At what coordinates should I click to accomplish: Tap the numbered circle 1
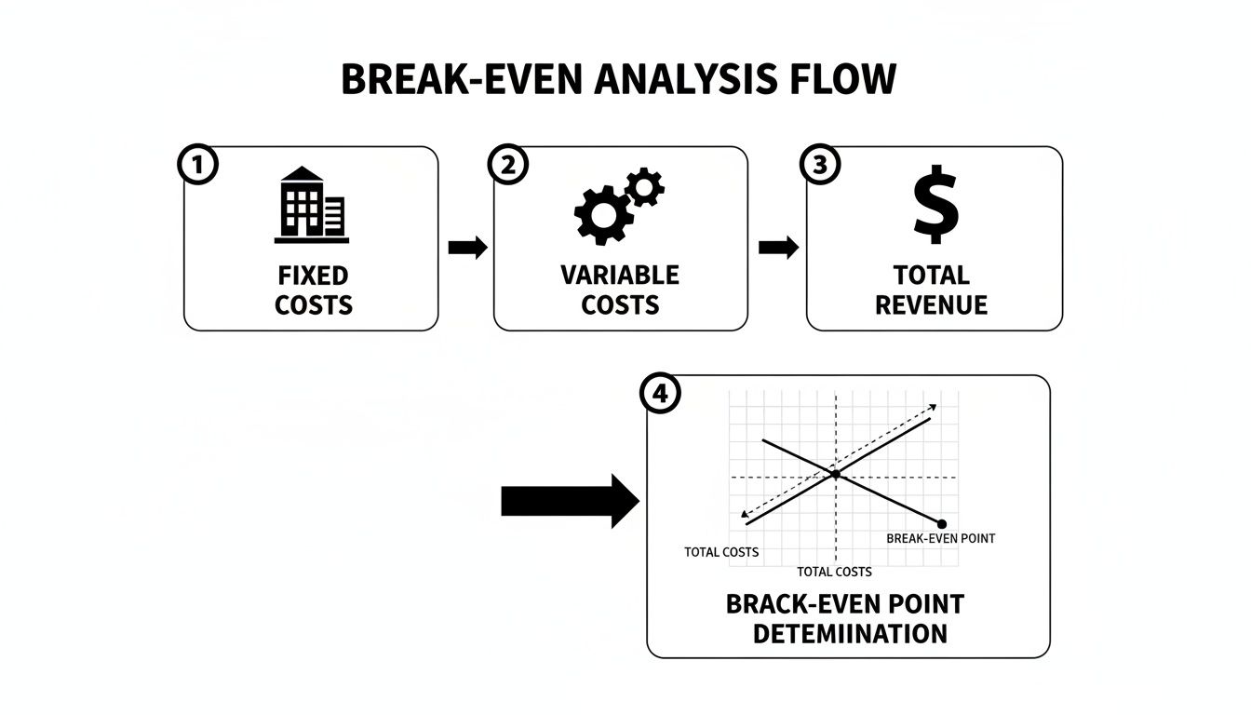(196, 166)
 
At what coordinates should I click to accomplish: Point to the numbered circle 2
(507, 166)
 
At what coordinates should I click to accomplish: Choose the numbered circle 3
(819, 166)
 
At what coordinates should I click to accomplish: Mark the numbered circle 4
(661, 394)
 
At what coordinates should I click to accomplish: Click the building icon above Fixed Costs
(312, 206)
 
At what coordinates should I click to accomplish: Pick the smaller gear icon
(644, 187)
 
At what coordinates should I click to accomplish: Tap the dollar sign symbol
(935, 204)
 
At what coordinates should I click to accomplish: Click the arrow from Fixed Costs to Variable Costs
(467, 248)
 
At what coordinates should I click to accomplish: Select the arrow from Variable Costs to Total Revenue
(778, 248)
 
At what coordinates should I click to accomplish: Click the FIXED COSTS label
(314, 290)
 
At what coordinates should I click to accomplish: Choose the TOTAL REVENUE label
(932, 290)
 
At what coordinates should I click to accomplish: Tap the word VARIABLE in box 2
(620, 276)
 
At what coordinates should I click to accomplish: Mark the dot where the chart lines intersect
(836, 475)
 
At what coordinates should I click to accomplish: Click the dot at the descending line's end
(942, 524)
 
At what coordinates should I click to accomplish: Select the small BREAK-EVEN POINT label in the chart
(940, 539)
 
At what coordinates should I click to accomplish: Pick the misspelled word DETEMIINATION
(849, 634)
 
